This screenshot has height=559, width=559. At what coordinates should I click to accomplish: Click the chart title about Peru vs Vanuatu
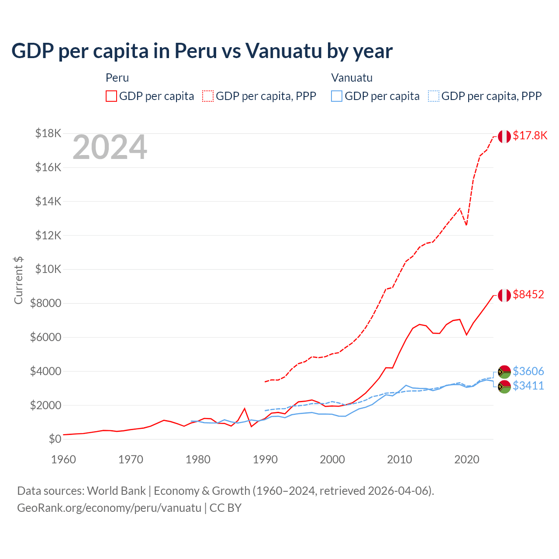point(202,51)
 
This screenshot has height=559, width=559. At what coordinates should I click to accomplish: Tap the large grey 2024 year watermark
point(110,148)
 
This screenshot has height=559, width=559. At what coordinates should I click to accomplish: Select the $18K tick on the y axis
point(48,133)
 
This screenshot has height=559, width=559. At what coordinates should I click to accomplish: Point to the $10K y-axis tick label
point(48,269)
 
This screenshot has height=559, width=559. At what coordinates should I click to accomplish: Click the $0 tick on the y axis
point(55,439)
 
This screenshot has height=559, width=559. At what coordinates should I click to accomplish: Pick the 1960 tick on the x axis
point(64,459)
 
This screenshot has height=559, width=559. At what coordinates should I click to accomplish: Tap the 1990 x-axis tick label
point(265,459)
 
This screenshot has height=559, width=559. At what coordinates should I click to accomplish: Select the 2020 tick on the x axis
point(467,459)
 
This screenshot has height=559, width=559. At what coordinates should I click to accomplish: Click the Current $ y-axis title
point(18,280)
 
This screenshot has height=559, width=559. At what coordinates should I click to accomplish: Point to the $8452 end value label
point(528,294)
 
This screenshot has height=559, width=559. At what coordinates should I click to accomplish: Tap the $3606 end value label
point(528,371)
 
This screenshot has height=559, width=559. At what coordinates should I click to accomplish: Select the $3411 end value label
point(528,386)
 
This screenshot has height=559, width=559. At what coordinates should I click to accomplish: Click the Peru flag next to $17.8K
point(504,136)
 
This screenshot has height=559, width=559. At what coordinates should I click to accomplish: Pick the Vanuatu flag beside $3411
point(504,386)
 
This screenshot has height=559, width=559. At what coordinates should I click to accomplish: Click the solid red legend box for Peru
point(111,96)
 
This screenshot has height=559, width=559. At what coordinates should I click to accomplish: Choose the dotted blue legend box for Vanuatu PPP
point(434,96)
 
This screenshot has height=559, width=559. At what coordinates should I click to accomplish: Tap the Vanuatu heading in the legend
point(352,78)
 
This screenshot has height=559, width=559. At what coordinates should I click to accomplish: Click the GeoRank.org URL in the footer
point(109,508)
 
